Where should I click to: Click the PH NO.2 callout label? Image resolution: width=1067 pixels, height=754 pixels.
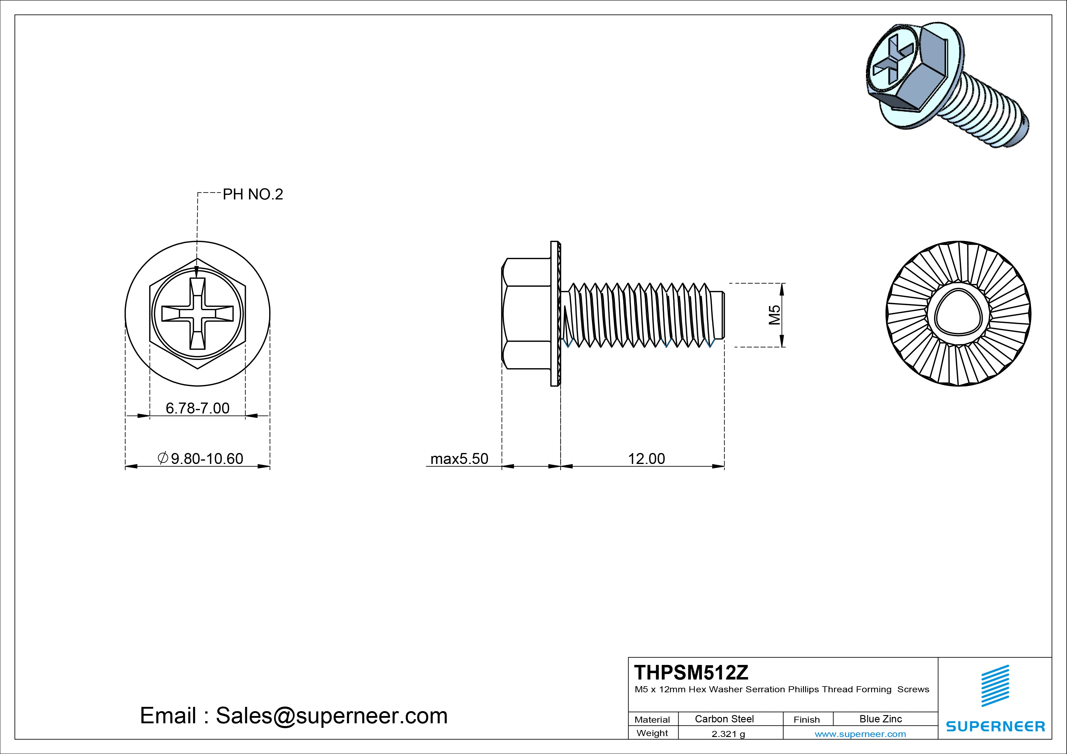(252, 194)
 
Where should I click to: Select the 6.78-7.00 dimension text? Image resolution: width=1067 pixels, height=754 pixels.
(197, 408)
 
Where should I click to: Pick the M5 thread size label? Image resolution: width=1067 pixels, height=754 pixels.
(774, 315)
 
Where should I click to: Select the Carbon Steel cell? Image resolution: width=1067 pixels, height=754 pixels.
(724, 719)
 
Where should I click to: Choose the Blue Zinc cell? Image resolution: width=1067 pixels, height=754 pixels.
(880, 719)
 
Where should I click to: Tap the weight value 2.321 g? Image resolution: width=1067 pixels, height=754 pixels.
(728, 734)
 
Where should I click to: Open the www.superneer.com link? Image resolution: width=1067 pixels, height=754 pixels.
(860, 734)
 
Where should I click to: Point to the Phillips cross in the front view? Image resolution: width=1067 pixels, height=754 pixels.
(197, 313)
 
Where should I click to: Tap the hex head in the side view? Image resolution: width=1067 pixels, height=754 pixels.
(527, 313)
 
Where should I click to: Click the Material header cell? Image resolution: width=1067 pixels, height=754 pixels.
(652, 720)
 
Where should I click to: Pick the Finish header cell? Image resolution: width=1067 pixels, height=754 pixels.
(806, 720)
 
